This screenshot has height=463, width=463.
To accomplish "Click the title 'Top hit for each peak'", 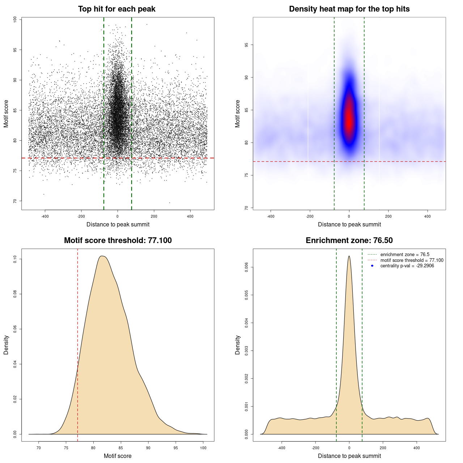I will click(116, 9).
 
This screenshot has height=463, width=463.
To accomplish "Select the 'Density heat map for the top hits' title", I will click(349, 9).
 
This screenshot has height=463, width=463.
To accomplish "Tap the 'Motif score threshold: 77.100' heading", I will click(118, 241).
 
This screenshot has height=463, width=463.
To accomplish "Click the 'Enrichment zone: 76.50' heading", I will click(349, 241).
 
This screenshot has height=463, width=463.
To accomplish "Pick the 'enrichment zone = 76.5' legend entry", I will click(405, 255).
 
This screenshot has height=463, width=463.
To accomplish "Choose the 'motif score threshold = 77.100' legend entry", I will click(412, 260).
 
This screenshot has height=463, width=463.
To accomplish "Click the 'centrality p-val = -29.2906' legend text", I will click(407, 266).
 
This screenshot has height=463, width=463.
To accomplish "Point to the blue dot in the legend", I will click(372, 266).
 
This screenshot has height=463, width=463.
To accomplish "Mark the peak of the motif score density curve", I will click(102, 256).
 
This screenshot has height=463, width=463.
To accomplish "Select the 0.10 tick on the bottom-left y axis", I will click(15, 259).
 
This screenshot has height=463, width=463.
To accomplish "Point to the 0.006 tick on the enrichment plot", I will click(246, 267).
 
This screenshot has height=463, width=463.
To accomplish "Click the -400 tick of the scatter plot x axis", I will click(45, 216).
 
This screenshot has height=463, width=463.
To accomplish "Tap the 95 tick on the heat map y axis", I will click(246, 45).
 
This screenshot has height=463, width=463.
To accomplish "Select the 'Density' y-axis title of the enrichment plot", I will click(238, 345).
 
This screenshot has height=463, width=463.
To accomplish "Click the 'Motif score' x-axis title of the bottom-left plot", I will click(118, 456).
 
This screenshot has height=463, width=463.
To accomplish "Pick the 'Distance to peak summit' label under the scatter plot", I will click(118, 224).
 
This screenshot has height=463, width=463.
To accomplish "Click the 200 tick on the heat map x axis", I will click(388, 216).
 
